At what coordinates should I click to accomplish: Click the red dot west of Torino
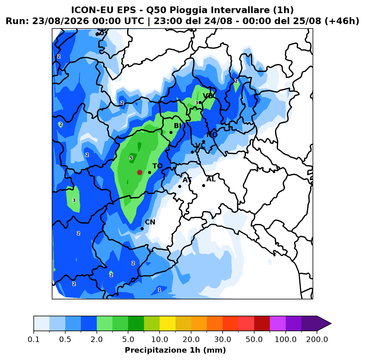140,172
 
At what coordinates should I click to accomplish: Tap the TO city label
158,166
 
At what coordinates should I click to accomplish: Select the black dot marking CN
142,229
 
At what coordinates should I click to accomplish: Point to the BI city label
177,126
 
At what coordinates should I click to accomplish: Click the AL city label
211,179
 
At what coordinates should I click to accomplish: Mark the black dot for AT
180,186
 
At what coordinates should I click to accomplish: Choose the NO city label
212,135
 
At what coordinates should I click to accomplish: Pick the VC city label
200,145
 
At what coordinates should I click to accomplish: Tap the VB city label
208,96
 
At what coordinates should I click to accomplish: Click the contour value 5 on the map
131,158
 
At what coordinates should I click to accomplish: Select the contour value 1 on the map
160,290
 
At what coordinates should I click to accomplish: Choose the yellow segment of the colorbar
168,324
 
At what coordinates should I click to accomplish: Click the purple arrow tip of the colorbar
331,324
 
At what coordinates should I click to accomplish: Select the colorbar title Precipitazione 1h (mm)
175,350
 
